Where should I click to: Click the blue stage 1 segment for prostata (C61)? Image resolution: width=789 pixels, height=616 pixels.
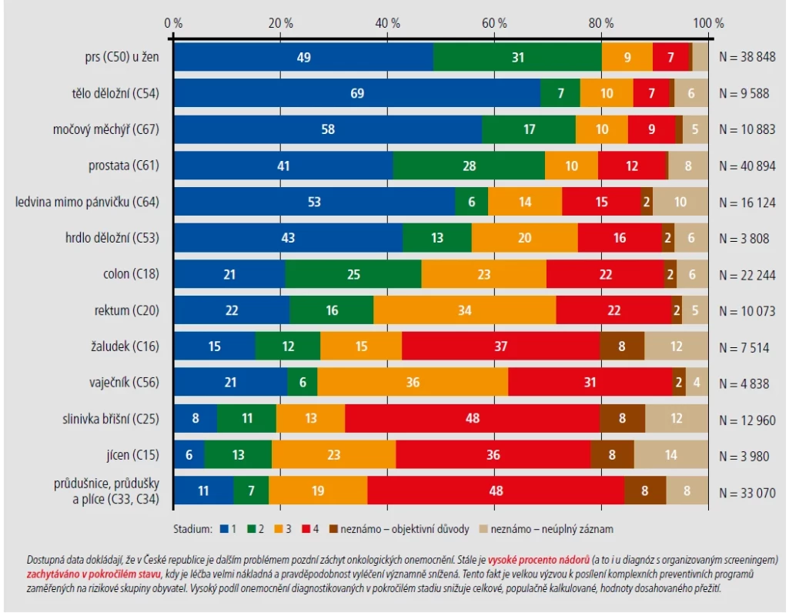coord(283,166)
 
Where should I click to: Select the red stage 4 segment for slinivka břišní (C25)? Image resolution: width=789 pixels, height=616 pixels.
coord(473,418)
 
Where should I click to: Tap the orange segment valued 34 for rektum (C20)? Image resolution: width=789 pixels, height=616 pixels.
coord(465,310)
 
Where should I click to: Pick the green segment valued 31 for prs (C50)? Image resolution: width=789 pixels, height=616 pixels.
coord(518,57)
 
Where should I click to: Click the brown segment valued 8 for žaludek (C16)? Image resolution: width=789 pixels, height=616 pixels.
coord(623,346)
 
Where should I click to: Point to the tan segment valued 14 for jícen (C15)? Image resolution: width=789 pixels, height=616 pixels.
coord(671,454)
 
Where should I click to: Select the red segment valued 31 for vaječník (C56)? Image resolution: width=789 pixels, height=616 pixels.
coord(590,382)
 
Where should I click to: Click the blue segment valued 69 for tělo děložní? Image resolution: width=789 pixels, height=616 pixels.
coord(357,93)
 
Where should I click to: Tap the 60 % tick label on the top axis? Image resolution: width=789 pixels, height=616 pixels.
coord(495,23)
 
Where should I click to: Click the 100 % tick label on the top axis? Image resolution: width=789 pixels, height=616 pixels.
coord(708,23)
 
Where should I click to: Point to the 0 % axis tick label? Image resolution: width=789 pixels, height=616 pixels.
coord(174,23)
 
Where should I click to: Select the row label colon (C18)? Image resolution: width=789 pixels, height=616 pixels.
coord(131,274)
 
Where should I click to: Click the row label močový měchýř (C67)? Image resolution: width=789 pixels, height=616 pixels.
coord(106,129)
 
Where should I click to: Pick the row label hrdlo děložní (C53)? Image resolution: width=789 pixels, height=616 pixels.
coord(112,237)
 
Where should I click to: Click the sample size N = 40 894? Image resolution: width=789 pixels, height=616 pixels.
coord(747,166)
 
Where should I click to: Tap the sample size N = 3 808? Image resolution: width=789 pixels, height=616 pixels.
coord(744,239)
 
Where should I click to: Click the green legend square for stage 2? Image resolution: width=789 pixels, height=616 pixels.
coord(252,529)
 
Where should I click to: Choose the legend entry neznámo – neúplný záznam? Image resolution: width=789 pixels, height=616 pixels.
coord(547,529)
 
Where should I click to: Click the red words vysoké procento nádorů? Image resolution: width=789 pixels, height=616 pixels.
coord(538,560)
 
